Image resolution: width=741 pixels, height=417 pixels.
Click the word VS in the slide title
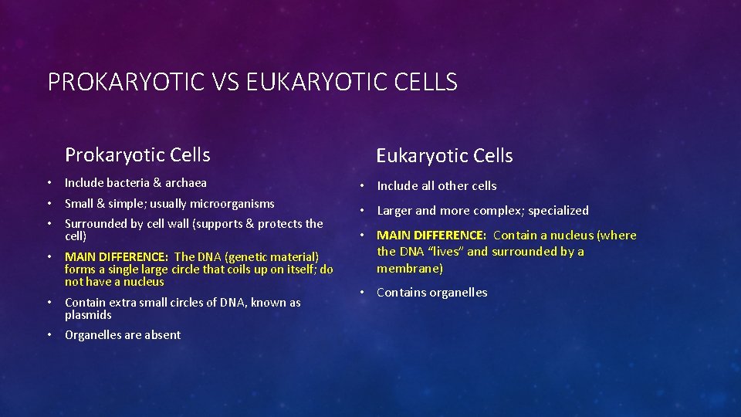click(x=223, y=81)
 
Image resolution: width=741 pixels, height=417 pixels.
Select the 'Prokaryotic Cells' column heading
click(x=137, y=154)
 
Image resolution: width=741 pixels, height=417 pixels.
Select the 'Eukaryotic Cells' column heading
click(x=444, y=155)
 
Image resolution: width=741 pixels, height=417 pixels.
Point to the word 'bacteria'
click(x=127, y=183)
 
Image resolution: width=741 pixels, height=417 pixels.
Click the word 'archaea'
click(x=186, y=183)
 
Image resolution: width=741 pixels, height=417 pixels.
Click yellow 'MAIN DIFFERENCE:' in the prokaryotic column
click(x=117, y=256)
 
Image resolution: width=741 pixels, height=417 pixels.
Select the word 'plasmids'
click(x=88, y=315)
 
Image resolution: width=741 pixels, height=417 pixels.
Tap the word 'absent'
click(x=162, y=334)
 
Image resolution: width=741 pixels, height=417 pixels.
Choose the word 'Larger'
click(x=394, y=210)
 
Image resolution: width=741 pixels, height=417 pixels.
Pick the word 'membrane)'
click(x=409, y=268)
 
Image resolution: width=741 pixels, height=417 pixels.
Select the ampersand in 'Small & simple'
click(x=101, y=204)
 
